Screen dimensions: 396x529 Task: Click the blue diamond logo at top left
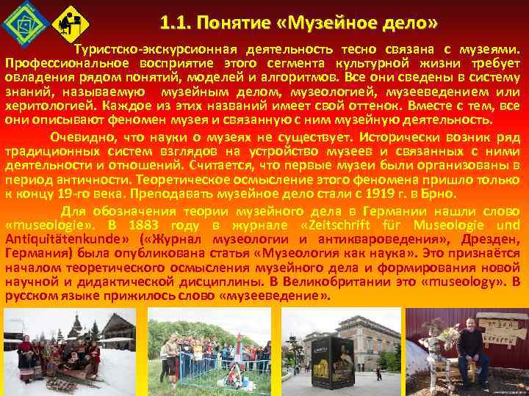(x=21, y=23)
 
